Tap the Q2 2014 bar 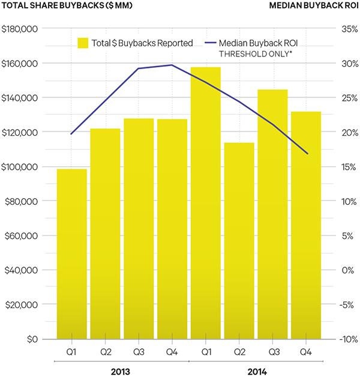pyautogui.click(x=239, y=240)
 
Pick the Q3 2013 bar pyautogui.click(x=139, y=229)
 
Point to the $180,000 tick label pyautogui.click(x=21, y=29)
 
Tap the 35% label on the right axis pyautogui.click(x=349, y=29)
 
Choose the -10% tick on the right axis pyautogui.click(x=347, y=339)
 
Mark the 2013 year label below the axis pyautogui.click(x=121, y=370)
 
